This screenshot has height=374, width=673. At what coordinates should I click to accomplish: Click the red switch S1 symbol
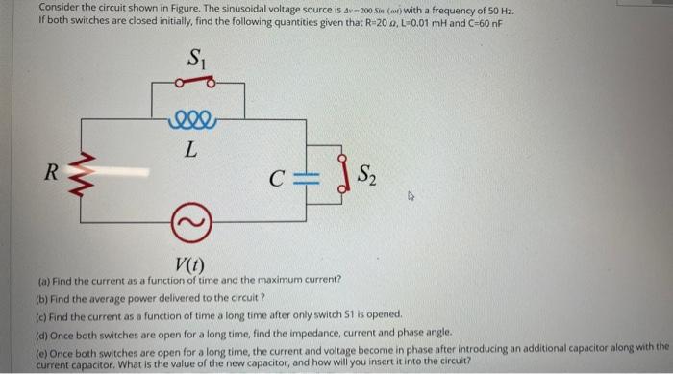(198, 82)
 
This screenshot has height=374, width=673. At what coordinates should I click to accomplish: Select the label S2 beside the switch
(366, 175)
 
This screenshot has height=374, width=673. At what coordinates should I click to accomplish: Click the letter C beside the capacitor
(276, 178)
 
